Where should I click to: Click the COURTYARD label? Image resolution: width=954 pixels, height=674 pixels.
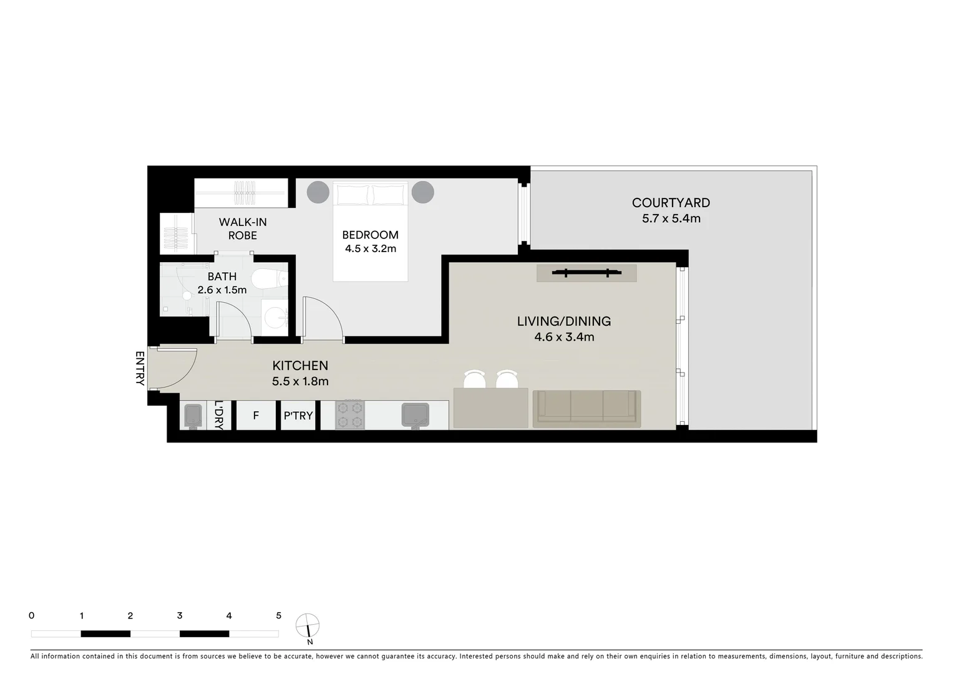[671, 203]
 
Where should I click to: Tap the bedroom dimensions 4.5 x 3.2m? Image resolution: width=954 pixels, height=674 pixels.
[370, 248]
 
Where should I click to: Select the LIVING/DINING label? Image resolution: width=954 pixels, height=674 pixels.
[563, 321]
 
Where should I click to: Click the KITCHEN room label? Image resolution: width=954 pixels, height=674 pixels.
[300, 366]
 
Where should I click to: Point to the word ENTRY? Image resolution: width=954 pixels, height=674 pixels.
[140, 368]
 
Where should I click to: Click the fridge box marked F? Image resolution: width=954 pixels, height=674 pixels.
[256, 416]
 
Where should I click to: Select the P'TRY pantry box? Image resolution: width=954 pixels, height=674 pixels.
[298, 416]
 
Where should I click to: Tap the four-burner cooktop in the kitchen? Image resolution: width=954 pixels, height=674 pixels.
[350, 414]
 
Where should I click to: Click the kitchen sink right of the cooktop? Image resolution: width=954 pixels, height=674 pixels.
[414, 414]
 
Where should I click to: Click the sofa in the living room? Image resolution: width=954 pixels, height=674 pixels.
[587, 408]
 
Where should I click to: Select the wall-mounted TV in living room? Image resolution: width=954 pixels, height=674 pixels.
[587, 273]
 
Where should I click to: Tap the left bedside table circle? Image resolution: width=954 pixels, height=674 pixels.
[318, 192]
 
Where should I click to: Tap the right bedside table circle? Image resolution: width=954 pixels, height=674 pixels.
[423, 192]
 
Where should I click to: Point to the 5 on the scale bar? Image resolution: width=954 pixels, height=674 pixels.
[278, 616]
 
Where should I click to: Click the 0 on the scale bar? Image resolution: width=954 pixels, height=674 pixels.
[32, 616]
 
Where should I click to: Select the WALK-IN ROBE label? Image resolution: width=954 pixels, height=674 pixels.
[243, 228]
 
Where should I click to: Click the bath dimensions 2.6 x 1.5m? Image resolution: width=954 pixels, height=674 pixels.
[222, 290]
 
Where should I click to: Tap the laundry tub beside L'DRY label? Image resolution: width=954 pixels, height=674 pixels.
[193, 416]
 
